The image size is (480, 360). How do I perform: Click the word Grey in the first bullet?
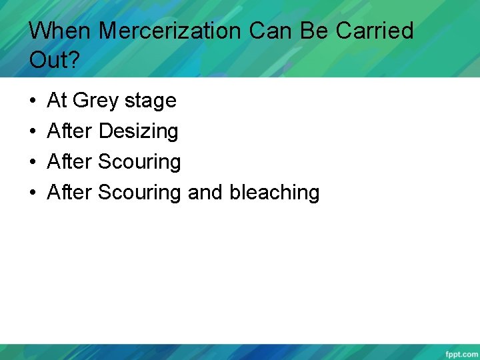[95, 101]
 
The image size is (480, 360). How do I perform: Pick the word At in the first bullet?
[57, 101]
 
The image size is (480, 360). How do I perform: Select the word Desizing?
[138, 132]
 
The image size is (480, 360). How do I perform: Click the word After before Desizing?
[70, 131]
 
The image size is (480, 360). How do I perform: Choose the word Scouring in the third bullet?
[139, 163]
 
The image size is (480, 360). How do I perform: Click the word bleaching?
[274, 193]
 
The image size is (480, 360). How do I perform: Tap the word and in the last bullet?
[205, 193]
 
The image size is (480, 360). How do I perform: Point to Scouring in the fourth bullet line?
[139, 193]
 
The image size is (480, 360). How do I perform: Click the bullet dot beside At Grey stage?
[33, 101]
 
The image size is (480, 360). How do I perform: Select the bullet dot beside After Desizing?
[33, 132]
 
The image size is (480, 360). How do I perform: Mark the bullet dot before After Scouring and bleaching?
[33, 193]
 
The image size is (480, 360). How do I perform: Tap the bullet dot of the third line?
[33, 163]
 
